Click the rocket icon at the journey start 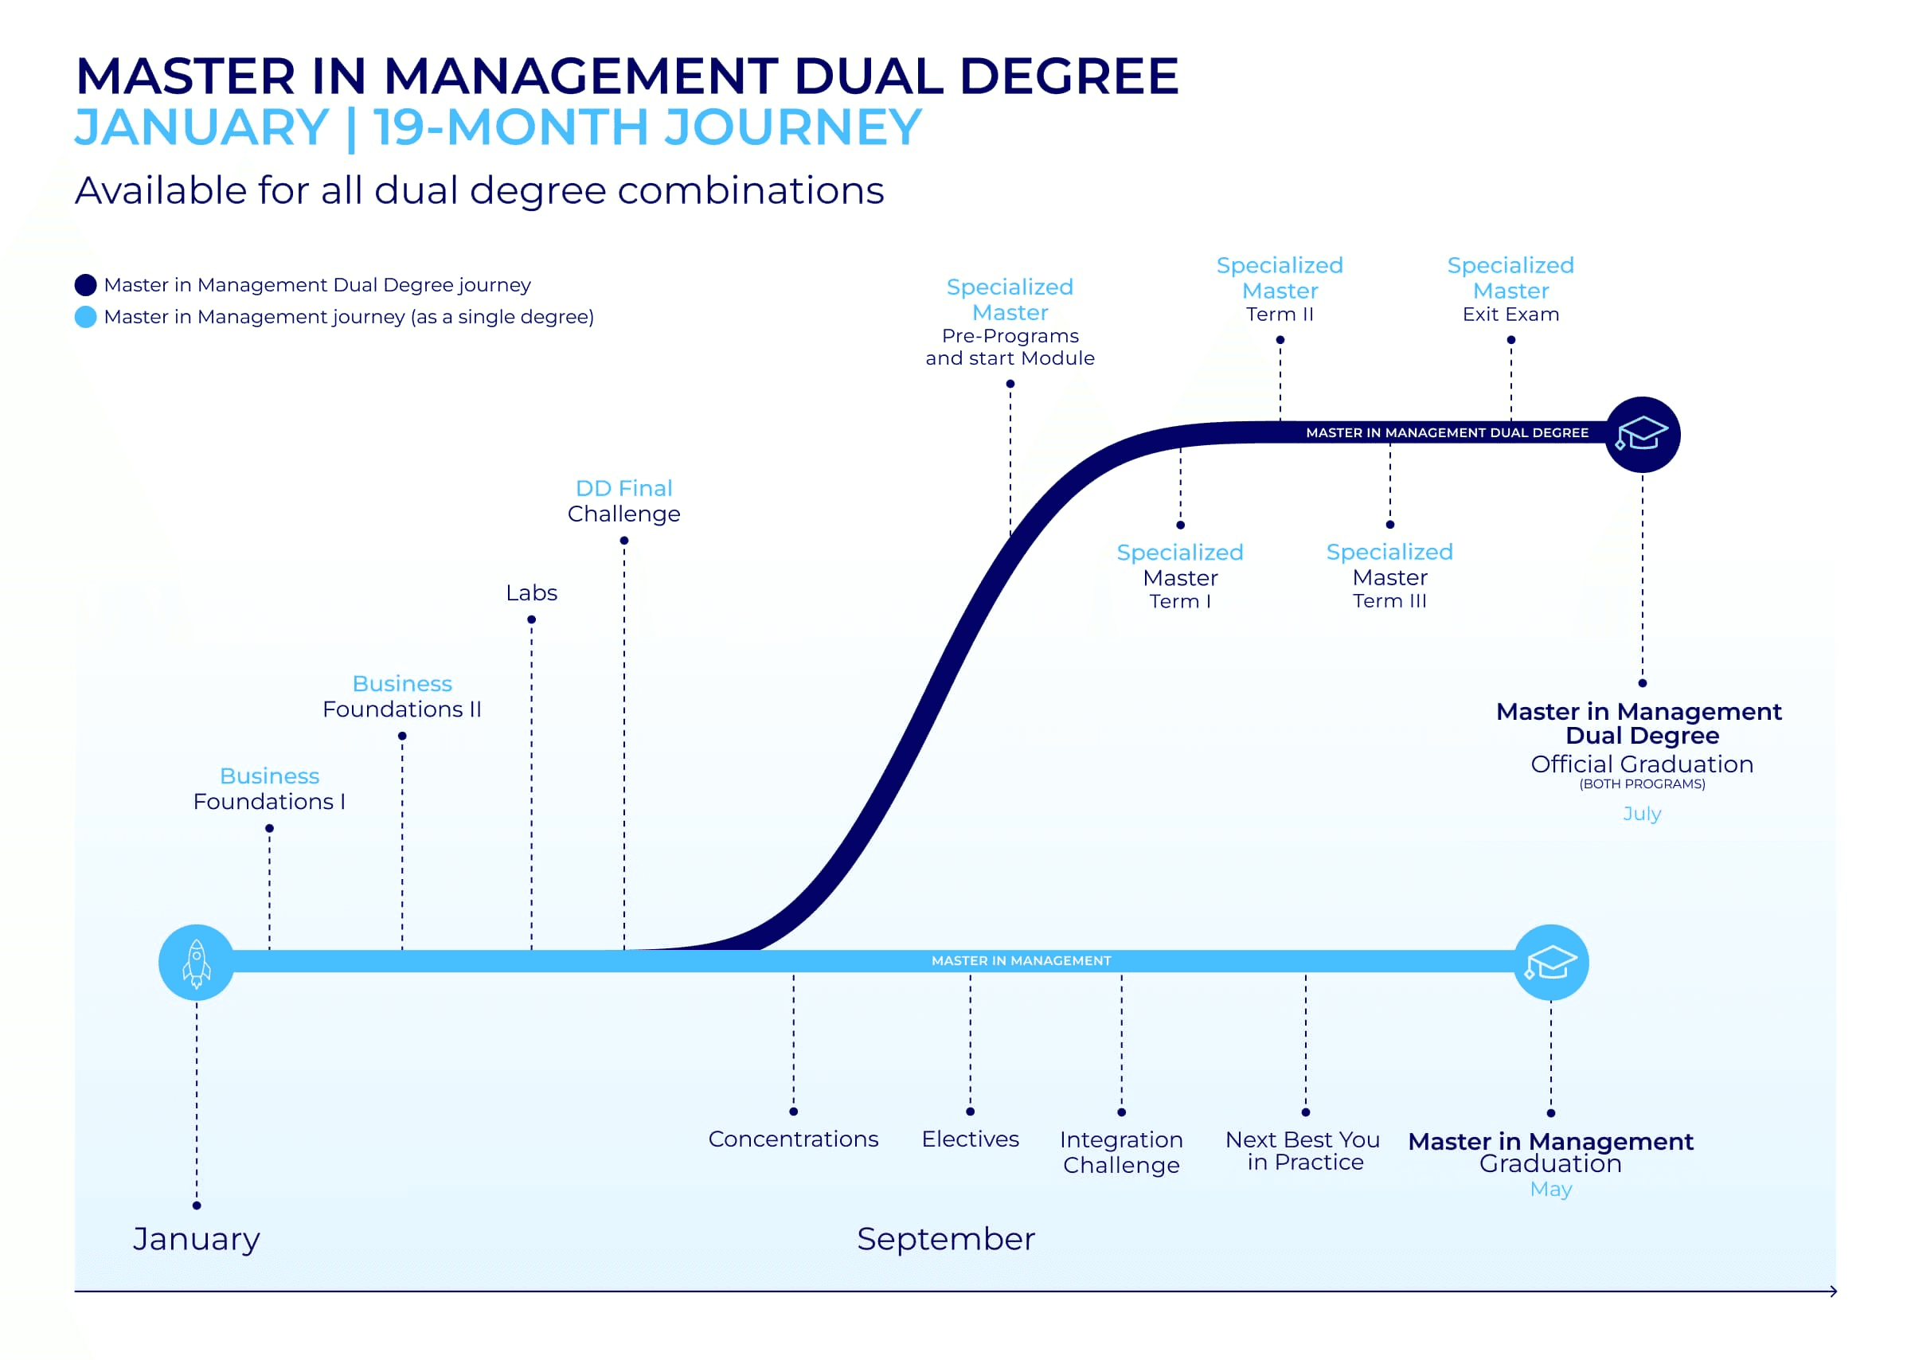pyautogui.click(x=197, y=962)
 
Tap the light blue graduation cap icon pyautogui.click(x=1550, y=962)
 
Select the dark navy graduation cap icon pyautogui.click(x=1641, y=434)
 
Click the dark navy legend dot pyautogui.click(x=85, y=285)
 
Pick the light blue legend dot pyautogui.click(x=85, y=317)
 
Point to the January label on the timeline pyautogui.click(x=197, y=1239)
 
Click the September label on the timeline pyautogui.click(x=945, y=1239)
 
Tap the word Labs pyautogui.click(x=531, y=593)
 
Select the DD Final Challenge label pyautogui.click(x=624, y=501)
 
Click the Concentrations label pyautogui.click(x=793, y=1139)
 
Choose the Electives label pyautogui.click(x=970, y=1139)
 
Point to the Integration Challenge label pyautogui.click(x=1121, y=1152)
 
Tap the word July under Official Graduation pyautogui.click(x=1641, y=813)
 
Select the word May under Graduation pyautogui.click(x=1550, y=1189)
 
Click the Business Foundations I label pyautogui.click(x=269, y=789)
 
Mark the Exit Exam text pyautogui.click(x=1510, y=314)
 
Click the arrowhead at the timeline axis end pyautogui.click(x=1833, y=1292)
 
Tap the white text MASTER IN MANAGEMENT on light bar pyautogui.click(x=1021, y=960)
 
